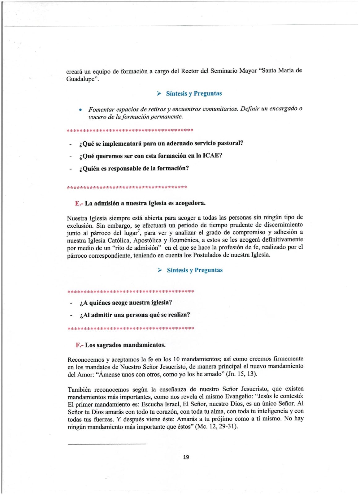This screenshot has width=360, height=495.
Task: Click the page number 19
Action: pyautogui.click(x=186, y=457)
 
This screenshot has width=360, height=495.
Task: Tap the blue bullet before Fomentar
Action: pyautogui.click(x=80, y=110)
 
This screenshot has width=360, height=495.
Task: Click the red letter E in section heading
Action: pyautogui.click(x=77, y=204)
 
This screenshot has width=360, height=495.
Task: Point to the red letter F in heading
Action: pyautogui.click(x=78, y=345)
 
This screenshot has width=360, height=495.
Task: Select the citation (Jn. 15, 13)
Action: pyautogui.click(x=241, y=374)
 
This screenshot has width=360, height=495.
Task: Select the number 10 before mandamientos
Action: pyautogui.click(x=176, y=359)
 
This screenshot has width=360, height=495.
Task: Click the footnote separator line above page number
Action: pyautogui.click(x=107, y=444)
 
